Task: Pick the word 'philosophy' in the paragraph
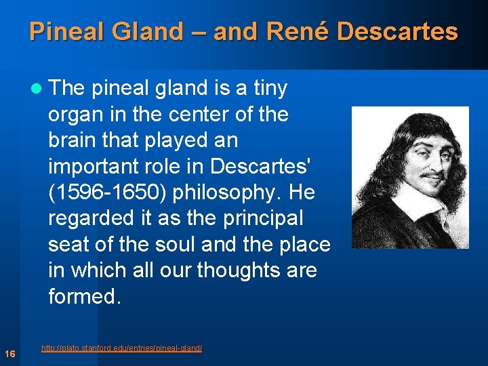[229, 192]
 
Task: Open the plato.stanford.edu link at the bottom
[121, 348]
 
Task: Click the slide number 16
[10, 354]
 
